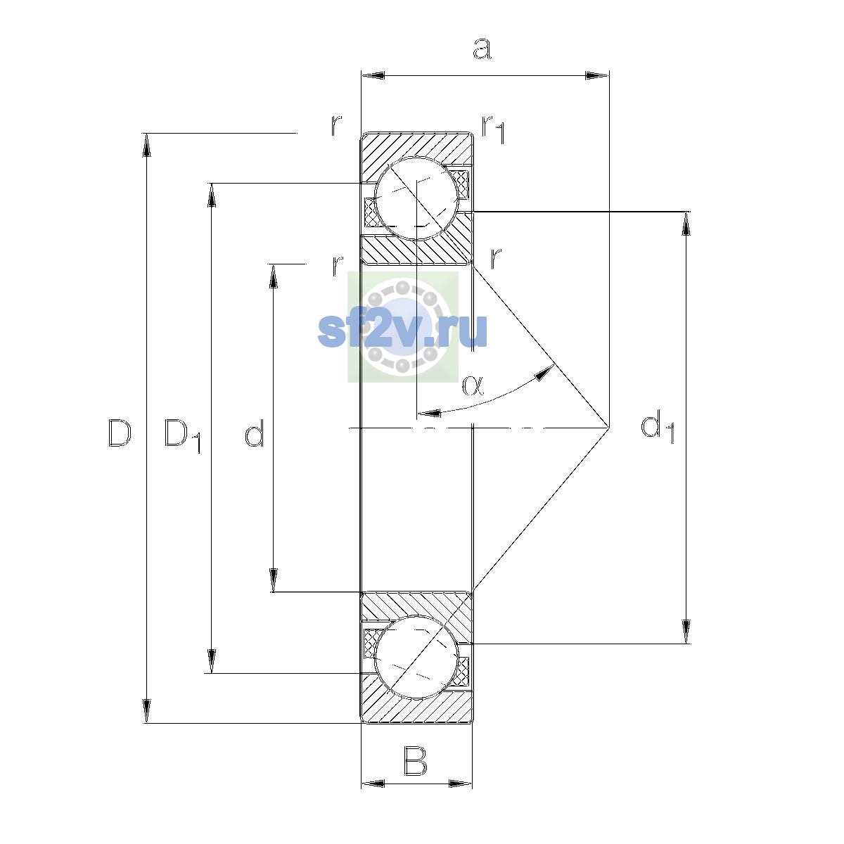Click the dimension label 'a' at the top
[482, 49]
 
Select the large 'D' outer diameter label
[120, 433]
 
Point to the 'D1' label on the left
[182, 436]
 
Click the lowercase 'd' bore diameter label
[255, 433]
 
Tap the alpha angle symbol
[473, 385]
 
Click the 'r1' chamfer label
[493, 129]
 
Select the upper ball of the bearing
[416, 198]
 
